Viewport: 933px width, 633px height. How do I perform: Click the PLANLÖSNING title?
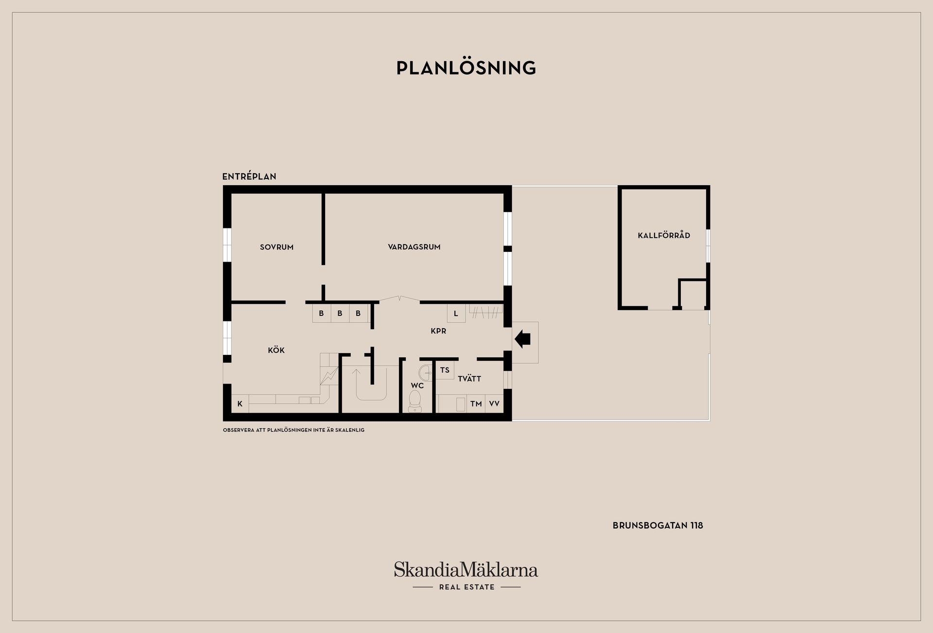click(x=466, y=68)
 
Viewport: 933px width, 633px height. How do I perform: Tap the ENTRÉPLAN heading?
click(x=249, y=176)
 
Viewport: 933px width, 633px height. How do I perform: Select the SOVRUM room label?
click(x=276, y=247)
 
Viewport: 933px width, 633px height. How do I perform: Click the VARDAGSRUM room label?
click(x=414, y=247)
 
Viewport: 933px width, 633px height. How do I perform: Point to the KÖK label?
click(x=276, y=350)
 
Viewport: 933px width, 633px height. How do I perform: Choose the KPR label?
click(x=438, y=331)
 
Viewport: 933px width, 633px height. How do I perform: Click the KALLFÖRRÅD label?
click(x=664, y=235)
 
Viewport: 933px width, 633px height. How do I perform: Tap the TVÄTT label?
click(x=469, y=379)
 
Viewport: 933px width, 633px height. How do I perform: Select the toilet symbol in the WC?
click(x=415, y=401)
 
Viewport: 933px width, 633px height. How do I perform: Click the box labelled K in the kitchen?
click(x=240, y=404)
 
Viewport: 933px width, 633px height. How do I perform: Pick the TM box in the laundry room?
click(x=476, y=404)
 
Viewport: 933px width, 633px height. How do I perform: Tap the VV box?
click(x=494, y=404)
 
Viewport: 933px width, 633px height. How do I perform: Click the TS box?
click(x=445, y=370)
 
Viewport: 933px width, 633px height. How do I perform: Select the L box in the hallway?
click(x=456, y=314)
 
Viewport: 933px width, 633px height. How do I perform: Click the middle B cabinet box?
click(x=340, y=314)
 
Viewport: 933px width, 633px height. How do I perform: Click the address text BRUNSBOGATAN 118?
click(x=657, y=526)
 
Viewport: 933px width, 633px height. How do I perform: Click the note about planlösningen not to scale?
click(x=294, y=430)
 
